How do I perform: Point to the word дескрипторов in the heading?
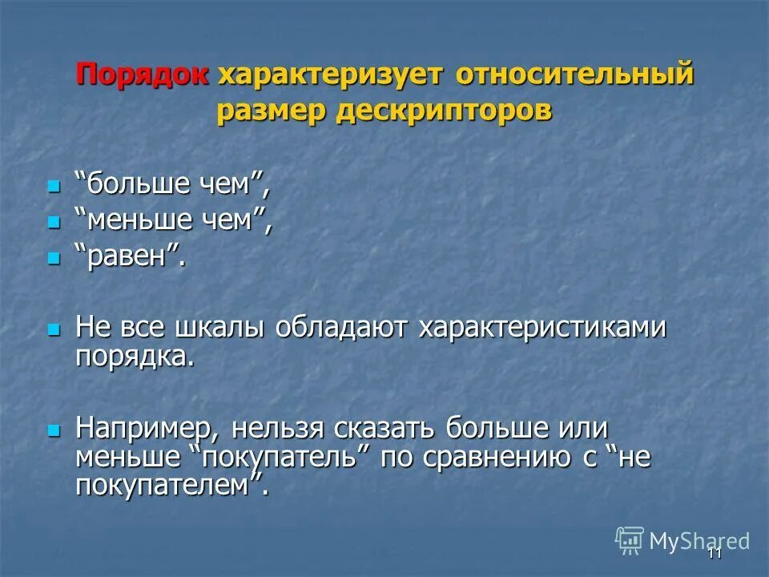click(444, 111)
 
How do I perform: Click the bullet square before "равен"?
click(54, 257)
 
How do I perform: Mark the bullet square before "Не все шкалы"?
click(54, 329)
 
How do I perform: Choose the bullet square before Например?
click(54, 430)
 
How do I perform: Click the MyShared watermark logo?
click(682, 541)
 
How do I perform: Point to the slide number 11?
click(715, 553)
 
